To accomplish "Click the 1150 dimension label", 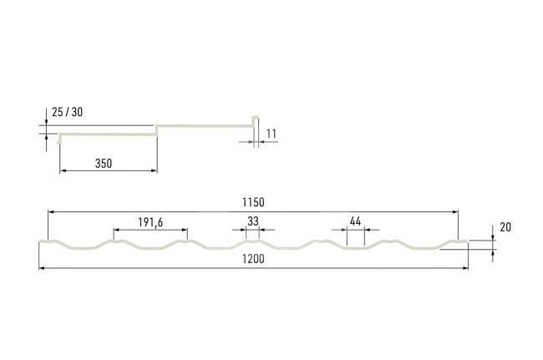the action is (253, 202).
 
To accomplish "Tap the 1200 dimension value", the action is (253, 259).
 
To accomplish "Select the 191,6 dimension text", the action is (150, 222).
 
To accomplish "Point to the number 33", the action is (253, 221).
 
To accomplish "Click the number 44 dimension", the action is (355, 221).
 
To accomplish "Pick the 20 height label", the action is (505, 227).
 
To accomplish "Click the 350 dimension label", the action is (104, 164).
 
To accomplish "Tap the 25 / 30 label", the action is (67, 112).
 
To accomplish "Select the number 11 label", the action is (271, 134).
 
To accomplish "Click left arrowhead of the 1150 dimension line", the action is (51, 211).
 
